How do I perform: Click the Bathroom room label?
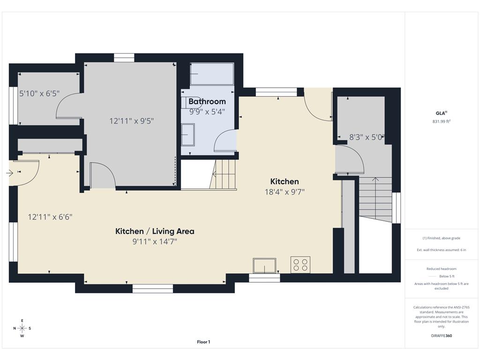pyautogui.click(x=207, y=101)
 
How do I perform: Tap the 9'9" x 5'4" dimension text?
pyautogui.click(x=207, y=112)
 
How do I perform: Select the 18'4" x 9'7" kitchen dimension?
pyautogui.click(x=285, y=192)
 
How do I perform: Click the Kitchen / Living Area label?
pyautogui.click(x=155, y=231)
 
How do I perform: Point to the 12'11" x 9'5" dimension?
pyautogui.click(x=132, y=121)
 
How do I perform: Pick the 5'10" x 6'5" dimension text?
pyautogui.click(x=39, y=93)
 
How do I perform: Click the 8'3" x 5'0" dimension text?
pyautogui.click(x=367, y=137)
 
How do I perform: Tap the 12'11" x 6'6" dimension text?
pyautogui.click(x=50, y=217)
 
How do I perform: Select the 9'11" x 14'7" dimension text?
pyautogui.click(x=155, y=241)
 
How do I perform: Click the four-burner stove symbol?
pyautogui.click(x=300, y=265)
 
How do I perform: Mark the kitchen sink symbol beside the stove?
pyautogui.click(x=264, y=265)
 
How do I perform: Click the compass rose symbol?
pyautogui.click(x=22, y=328)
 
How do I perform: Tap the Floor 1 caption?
pyautogui.click(x=203, y=342)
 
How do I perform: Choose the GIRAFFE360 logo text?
pyautogui.click(x=442, y=336)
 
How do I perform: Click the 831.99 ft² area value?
pyautogui.click(x=442, y=121)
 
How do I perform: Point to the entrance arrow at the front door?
pyautogui.click(x=9, y=173)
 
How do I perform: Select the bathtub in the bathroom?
pyautogui.click(x=212, y=74)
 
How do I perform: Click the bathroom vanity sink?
pyautogui.click(x=187, y=135)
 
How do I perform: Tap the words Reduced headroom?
pyautogui.click(x=442, y=269)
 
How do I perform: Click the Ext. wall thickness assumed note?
pyautogui.click(x=442, y=250)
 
